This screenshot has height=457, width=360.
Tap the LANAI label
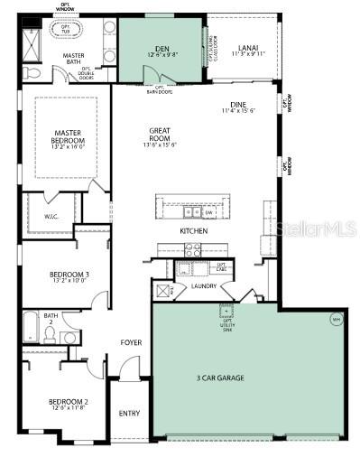tap(246, 48)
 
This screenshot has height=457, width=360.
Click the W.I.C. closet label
tap(51, 216)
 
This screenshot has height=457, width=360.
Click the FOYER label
tap(132, 342)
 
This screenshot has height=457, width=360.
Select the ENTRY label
tap(129, 414)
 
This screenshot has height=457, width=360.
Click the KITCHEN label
tap(193, 231)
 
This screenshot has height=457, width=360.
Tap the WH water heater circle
tap(336, 319)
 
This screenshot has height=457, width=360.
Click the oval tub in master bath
tap(66, 30)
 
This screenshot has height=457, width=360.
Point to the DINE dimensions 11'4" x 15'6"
tap(239, 111)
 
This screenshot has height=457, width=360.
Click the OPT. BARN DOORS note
tap(159, 90)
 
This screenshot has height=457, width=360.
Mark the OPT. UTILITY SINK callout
tap(226, 314)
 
